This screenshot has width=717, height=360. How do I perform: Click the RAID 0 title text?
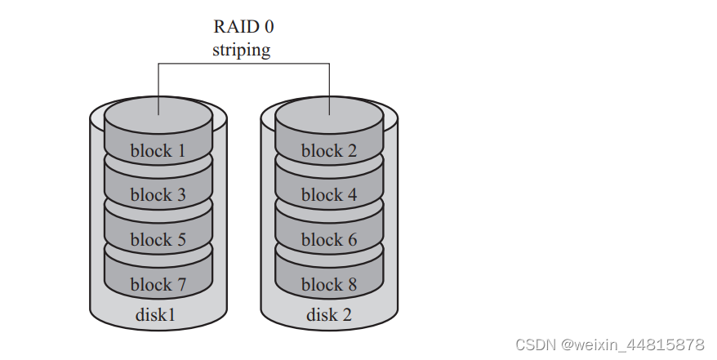pos(243,27)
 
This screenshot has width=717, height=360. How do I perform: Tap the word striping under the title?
pos(242,50)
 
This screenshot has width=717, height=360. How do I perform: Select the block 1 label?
pos(158,151)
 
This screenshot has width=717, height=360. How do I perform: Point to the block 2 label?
pos(328,151)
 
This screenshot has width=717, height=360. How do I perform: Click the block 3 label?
pos(158,195)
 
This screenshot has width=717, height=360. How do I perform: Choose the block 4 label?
pos(328,195)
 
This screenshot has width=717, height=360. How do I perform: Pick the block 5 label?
pos(158,240)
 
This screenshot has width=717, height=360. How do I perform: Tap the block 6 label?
pos(328,240)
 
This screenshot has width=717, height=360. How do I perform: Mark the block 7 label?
pos(158,285)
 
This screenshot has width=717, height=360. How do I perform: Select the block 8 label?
pos(328,285)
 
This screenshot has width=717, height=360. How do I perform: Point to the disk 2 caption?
pos(328,315)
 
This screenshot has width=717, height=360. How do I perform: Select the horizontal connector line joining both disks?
pos(243,64)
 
